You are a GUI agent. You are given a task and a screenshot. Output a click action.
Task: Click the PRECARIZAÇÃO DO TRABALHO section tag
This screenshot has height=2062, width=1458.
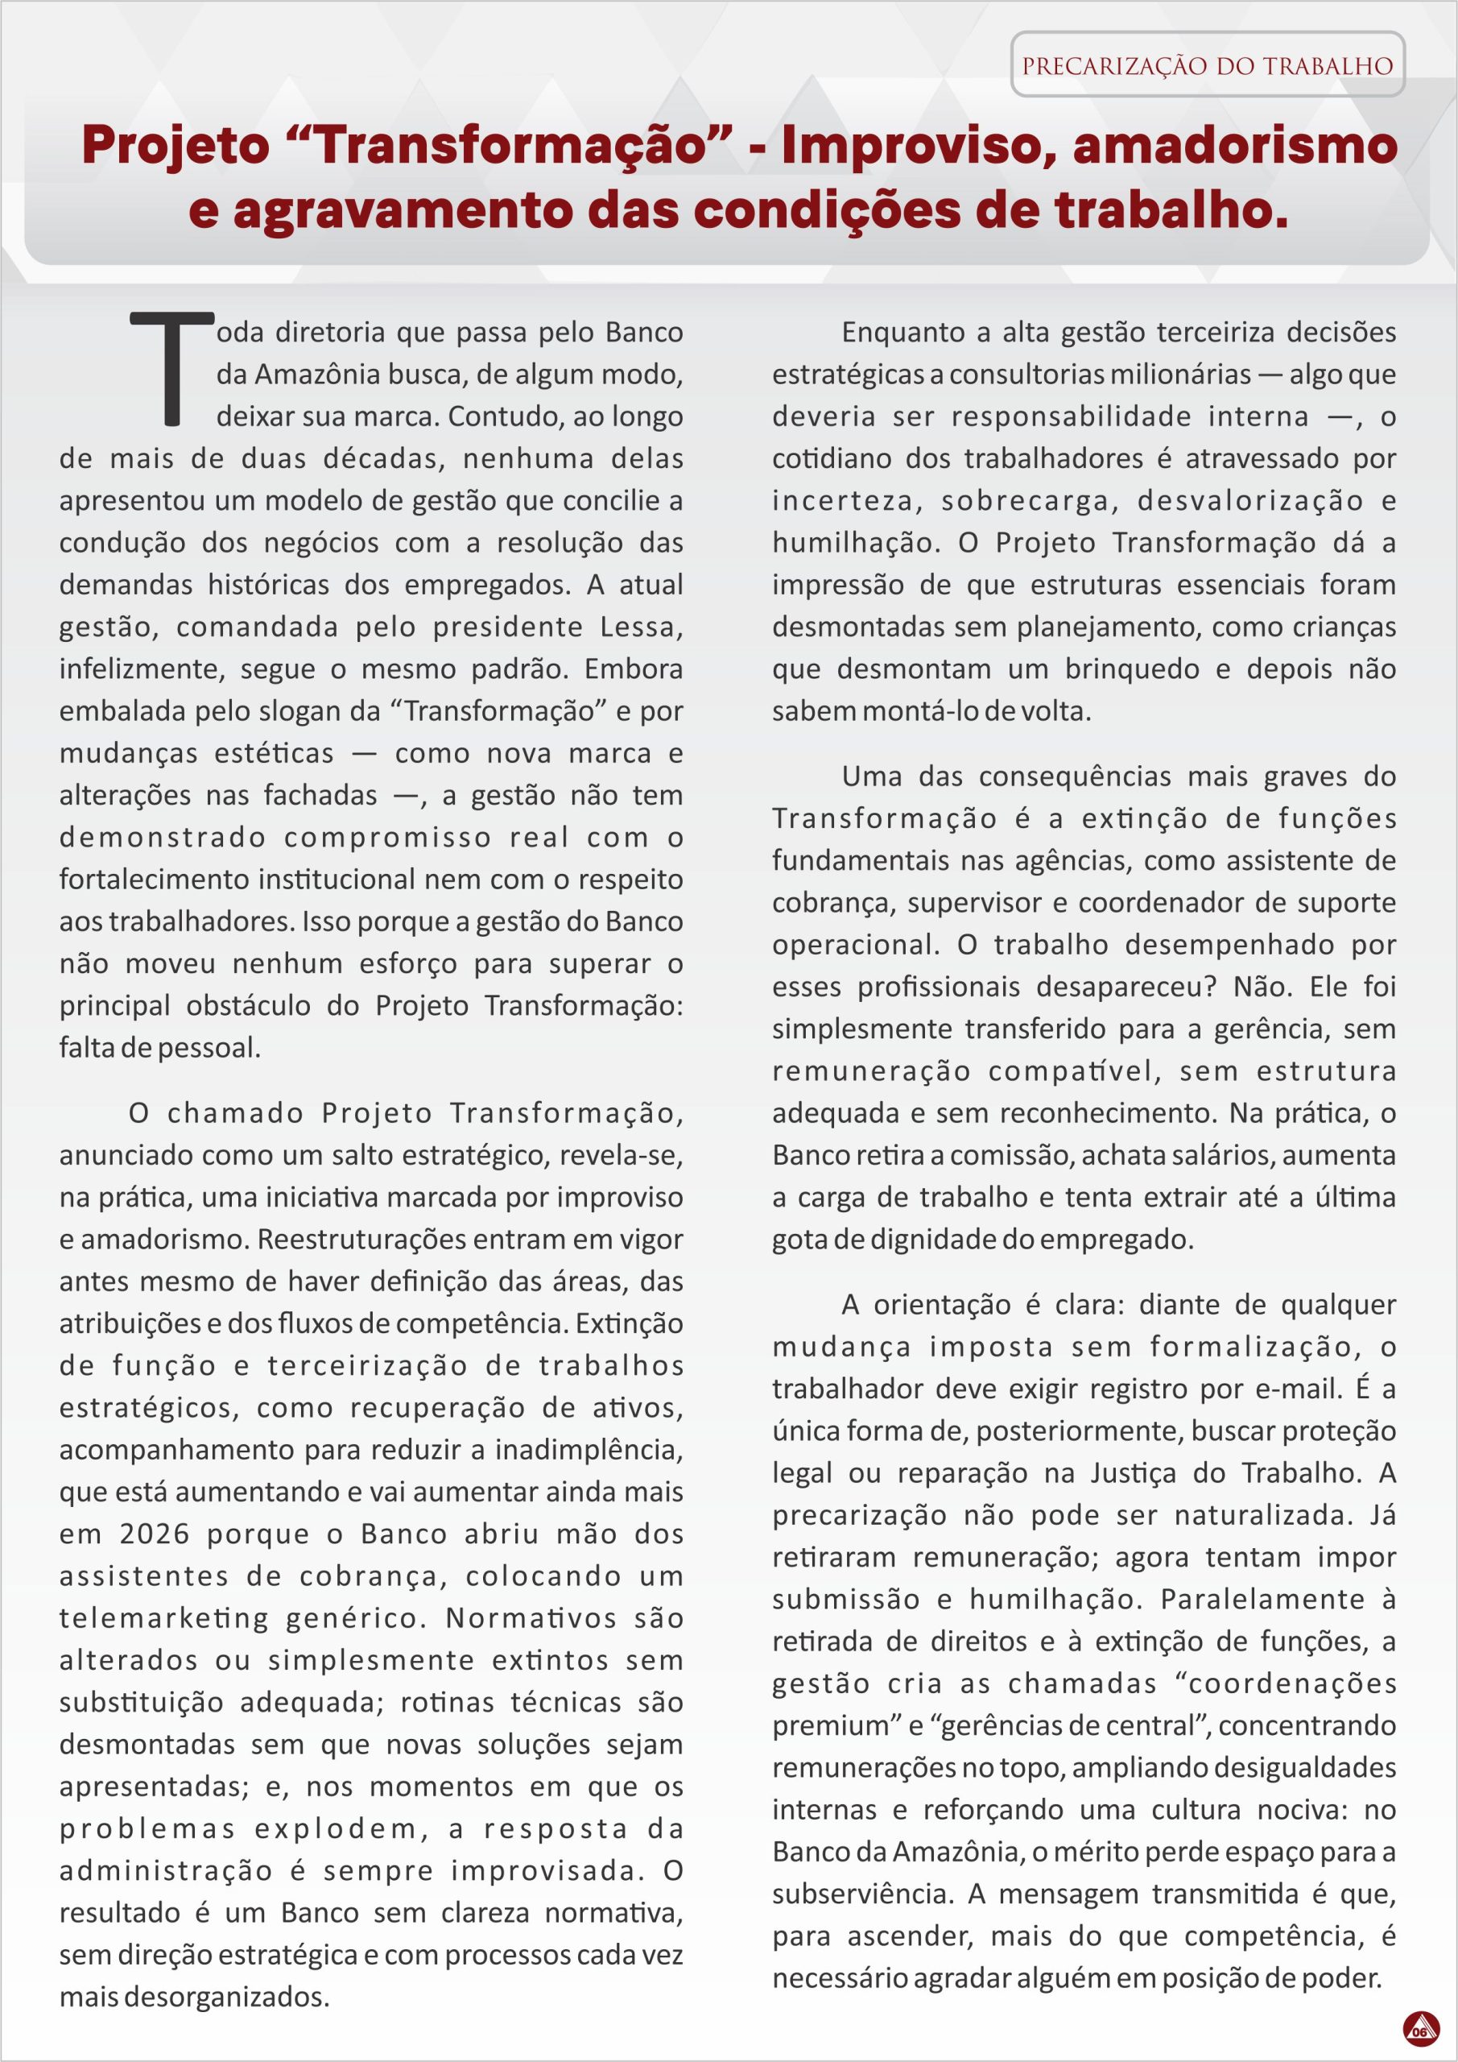(x=1207, y=65)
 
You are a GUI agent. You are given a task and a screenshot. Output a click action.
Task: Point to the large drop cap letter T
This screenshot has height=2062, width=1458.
(x=172, y=367)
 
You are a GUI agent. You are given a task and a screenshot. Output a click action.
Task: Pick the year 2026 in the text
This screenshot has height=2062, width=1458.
(x=155, y=1533)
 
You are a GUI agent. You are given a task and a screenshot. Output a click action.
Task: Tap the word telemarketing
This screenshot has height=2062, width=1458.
(x=164, y=1617)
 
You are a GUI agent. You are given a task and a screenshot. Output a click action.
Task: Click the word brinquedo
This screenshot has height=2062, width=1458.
(x=1131, y=669)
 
